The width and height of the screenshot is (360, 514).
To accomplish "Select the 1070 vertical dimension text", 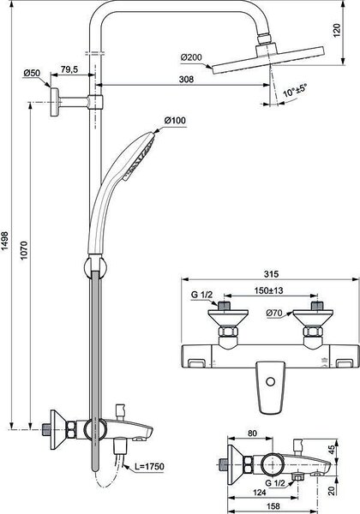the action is pyautogui.click(x=24, y=251).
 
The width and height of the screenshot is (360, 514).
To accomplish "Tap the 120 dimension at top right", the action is pyautogui.click(x=337, y=31).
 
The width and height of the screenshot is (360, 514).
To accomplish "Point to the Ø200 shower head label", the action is pyautogui.click(x=191, y=57).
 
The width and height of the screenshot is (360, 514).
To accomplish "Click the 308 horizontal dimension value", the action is pyautogui.click(x=186, y=79).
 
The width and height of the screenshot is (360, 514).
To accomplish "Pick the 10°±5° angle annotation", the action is pyautogui.click(x=295, y=91).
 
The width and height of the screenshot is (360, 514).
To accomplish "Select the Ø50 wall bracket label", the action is pyautogui.click(x=32, y=73).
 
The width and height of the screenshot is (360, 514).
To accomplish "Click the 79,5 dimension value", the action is pyautogui.click(x=69, y=69).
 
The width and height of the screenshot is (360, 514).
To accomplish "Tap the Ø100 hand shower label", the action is pyautogui.click(x=175, y=120).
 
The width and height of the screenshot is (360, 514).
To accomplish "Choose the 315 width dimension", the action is pyautogui.click(x=271, y=274).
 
